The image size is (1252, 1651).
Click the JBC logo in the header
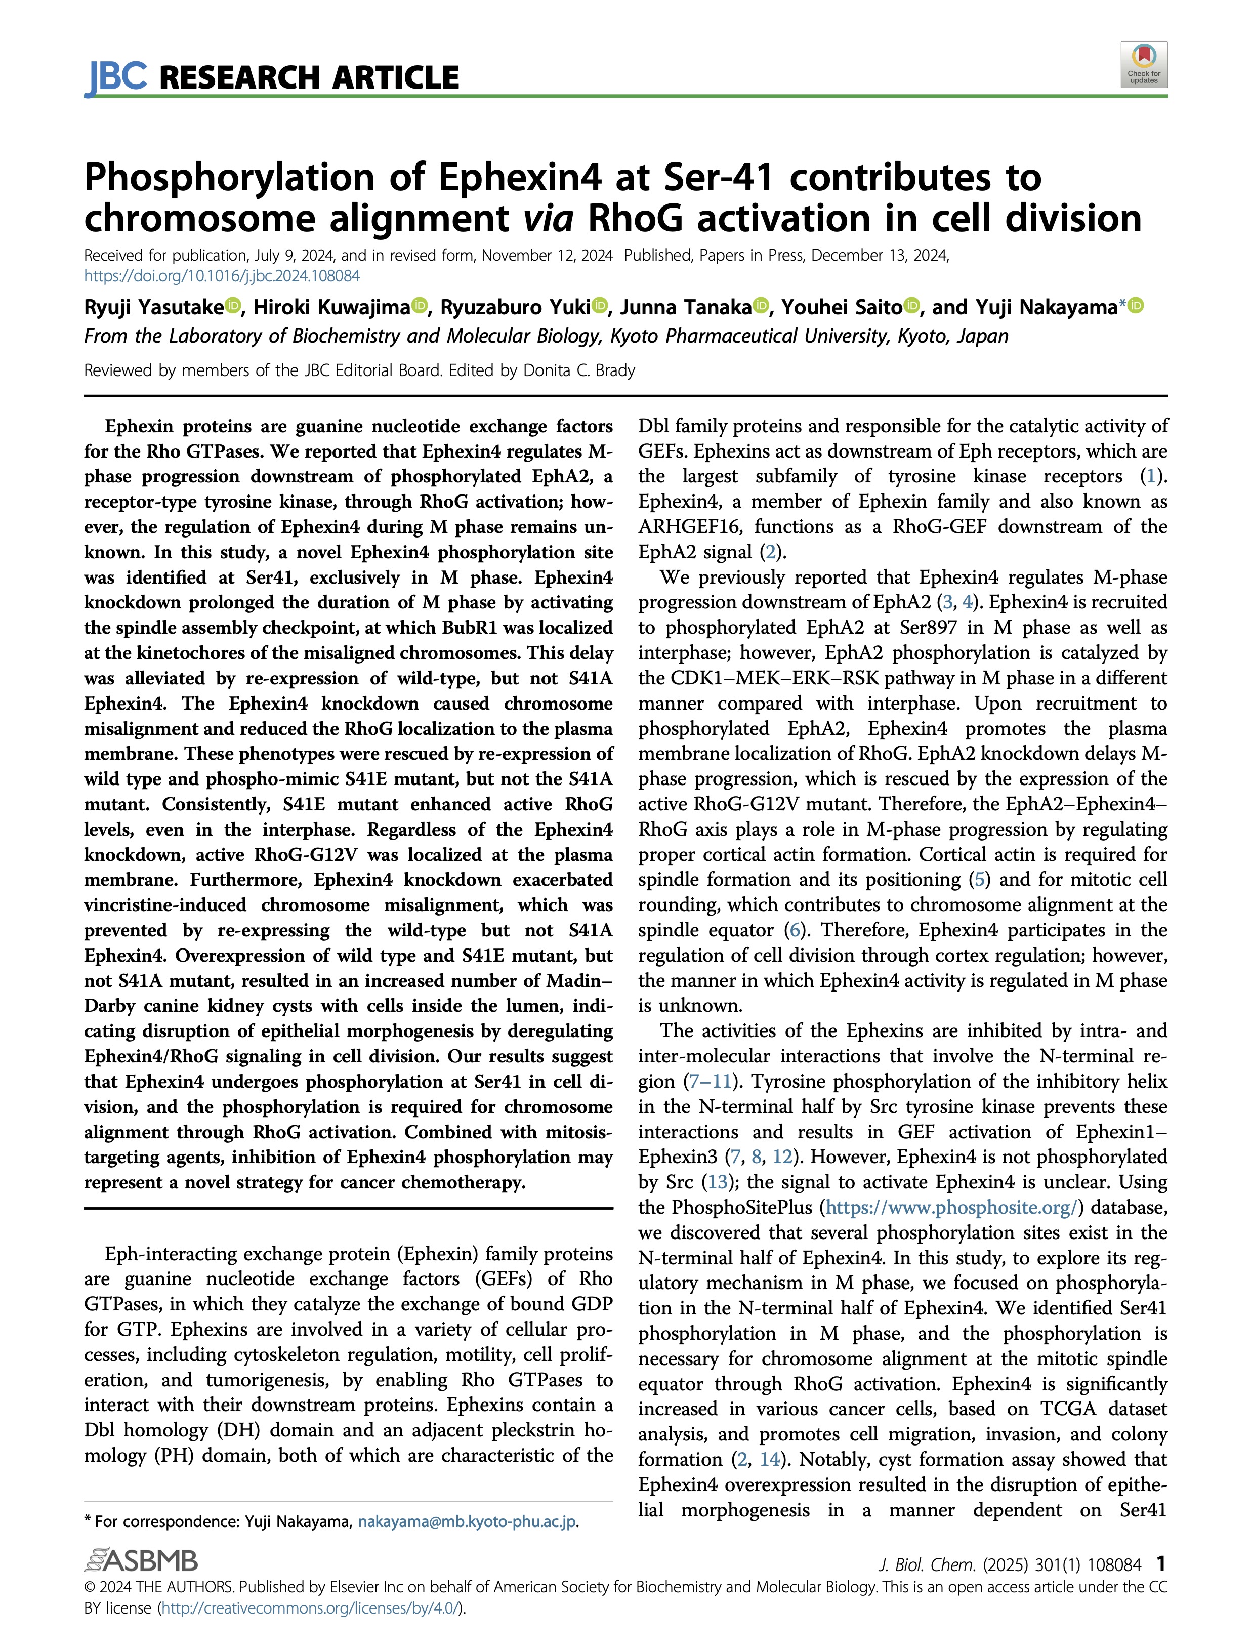[116, 77]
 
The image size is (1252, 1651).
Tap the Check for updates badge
[1143, 65]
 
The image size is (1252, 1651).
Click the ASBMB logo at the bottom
[142, 1561]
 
